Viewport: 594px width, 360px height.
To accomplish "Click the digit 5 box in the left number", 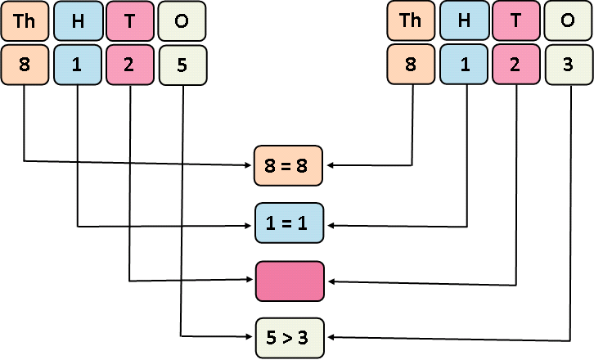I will click(182, 65).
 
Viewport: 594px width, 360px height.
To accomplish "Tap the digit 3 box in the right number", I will click(569, 65).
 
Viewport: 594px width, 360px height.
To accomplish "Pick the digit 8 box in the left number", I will click(24, 65).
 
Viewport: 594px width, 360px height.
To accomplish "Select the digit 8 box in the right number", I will click(411, 65).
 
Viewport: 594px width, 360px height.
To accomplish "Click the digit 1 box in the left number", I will click(78, 65).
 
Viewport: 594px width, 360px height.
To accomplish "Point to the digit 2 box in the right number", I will click(516, 65).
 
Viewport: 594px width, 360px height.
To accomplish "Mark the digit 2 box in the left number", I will click(130, 65).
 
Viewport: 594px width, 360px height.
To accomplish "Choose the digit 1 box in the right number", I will click(464, 65).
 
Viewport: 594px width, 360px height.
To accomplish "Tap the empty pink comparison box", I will click(290, 281).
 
